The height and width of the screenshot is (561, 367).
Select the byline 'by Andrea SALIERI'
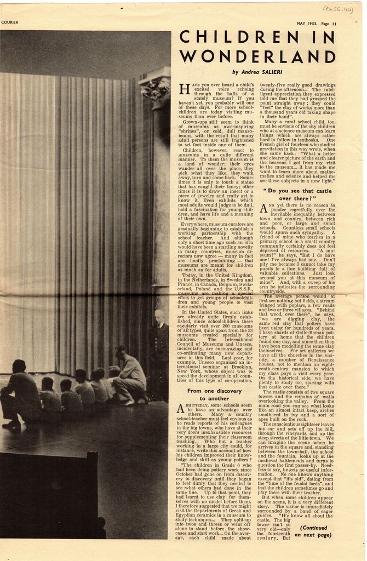pyautogui.click(x=257, y=72)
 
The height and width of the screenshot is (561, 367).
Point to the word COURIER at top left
pyautogui.click(x=10, y=22)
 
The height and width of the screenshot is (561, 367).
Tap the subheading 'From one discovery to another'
pyautogui.click(x=214, y=394)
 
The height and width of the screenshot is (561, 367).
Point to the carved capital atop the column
pyautogui.click(x=155, y=87)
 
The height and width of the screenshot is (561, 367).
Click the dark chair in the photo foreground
pyautogui.click(x=49, y=493)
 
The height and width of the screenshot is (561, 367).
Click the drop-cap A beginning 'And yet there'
pyautogui.click(x=263, y=208)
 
